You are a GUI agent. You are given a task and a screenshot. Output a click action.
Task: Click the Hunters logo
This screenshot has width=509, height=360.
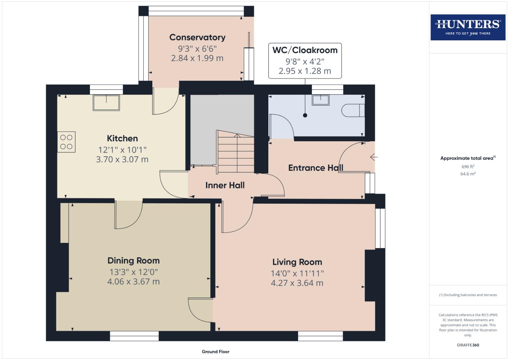pyautogui.click(x=468, y=27)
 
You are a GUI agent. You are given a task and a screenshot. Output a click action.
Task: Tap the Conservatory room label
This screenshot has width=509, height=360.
pyautogui.click(x=197, y=37)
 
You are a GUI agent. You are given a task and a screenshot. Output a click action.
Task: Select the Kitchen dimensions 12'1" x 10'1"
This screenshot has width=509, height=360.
pyautogui.click(x=122, y=150)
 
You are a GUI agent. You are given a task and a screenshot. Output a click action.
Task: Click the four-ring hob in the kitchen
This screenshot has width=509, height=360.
pyautogui.click(x=66, y=142)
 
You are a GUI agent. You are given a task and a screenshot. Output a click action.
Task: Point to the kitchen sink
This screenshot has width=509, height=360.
pyautogui.click(x=106, y=103)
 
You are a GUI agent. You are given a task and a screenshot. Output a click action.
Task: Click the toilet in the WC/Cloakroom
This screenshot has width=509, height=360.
pyautogui.click(x=353, y=110)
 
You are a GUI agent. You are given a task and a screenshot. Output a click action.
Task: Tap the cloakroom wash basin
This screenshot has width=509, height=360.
pyautogui.click(x=321, y=100)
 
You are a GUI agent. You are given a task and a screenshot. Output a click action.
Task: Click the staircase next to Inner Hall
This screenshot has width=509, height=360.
pyautogui.click(x=236, y=152)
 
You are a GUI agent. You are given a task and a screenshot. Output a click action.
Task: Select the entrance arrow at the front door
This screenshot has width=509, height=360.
pyautogui.click(x=373, y=157)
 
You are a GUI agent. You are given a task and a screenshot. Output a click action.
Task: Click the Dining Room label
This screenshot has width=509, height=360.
pyautogui.click(x=133, y=261)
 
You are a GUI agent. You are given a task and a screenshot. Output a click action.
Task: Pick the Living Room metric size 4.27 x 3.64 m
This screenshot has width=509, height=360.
pyautogui.click(x=297, y=283)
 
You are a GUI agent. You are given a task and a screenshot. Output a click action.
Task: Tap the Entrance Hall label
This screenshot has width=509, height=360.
pyautogui.click(x=315, y=168)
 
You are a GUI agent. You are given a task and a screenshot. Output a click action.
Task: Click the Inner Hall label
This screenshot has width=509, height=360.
pyautogui.click(x=225, y=185)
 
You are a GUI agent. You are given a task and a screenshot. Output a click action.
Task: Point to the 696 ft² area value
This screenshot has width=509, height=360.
pyautogui.click(x=468, y=166)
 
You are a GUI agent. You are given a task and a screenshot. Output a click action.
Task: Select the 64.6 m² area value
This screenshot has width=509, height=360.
pyautogui.click(x=468, y=174)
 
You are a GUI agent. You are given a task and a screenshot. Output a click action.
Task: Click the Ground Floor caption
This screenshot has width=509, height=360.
pyautogui.click(x=215, y=351)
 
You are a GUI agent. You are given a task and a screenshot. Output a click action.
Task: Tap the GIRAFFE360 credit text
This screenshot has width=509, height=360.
pyautogui.click(x=468, y=345)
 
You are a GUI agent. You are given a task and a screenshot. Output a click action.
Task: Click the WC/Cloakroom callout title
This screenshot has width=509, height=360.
pyautogui.click(x=305, y=50)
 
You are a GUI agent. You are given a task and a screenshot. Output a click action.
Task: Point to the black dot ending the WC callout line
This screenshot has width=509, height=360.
pyautogui.click(x=305, y=115)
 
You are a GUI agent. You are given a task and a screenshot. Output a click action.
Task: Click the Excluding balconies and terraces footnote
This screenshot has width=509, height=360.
pyautogui.click(x=468, y=295)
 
